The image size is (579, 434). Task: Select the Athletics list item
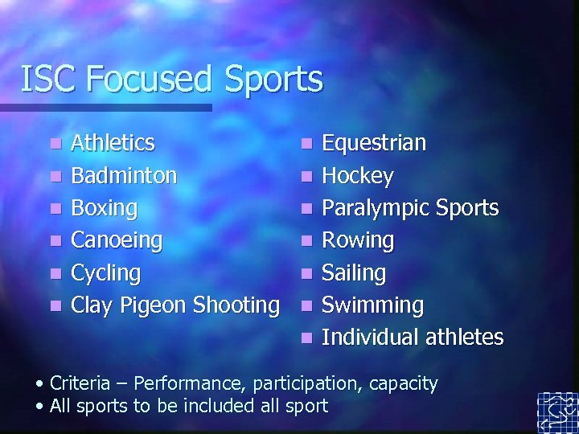[x=113, y=143]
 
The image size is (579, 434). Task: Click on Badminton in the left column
[x=124, y=175]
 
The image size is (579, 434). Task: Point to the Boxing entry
[x=105, y=207]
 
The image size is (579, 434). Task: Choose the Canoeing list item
[x=117, y=240]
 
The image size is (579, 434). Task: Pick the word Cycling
[x=105, y=272]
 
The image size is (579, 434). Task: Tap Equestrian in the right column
[x=374, y=143]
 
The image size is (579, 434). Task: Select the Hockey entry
[x=357, y=175]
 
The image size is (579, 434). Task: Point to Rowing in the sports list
[x=358, y=240]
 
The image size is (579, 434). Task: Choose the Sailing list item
[x=354, y=272]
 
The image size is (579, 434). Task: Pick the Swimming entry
[x=372, y=305]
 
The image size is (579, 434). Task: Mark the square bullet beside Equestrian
[x=304, y=145]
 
